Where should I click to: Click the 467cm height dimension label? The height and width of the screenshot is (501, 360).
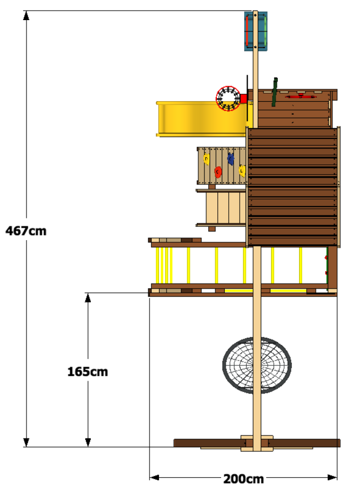tap(25, 230)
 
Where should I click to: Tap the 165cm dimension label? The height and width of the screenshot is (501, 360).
tap(88, 371)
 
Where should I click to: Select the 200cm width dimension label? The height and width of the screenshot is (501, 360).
tap(243, 479)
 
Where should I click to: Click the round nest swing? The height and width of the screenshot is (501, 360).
tap(257, 365)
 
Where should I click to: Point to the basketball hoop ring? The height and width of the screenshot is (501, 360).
tap(227, 98)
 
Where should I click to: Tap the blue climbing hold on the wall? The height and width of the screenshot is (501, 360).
tap(230, 159)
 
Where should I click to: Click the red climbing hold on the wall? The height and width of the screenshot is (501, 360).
tap(218, 172)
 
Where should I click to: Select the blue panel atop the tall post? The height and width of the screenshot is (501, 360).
tap(256, 32)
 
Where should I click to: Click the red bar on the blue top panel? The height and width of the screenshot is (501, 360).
tap(248, 31)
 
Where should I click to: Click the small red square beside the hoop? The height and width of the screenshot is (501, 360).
tap(243, 98)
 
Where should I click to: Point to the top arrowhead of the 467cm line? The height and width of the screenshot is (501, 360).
tap(26, 15)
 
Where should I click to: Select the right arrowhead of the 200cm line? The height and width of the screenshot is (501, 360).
tap(333, 477)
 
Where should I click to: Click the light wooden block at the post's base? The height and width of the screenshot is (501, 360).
tap(256, 444)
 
